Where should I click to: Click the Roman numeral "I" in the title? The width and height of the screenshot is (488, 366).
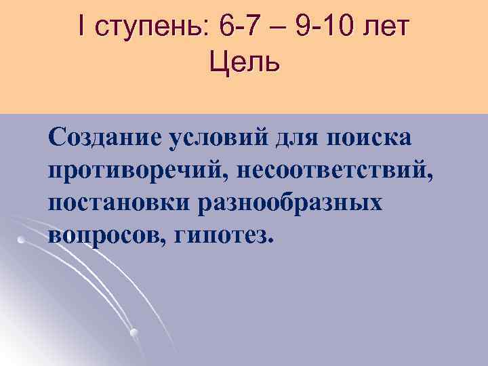(x=82, y=30)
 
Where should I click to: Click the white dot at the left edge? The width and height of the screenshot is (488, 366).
(x=21, y=240)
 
